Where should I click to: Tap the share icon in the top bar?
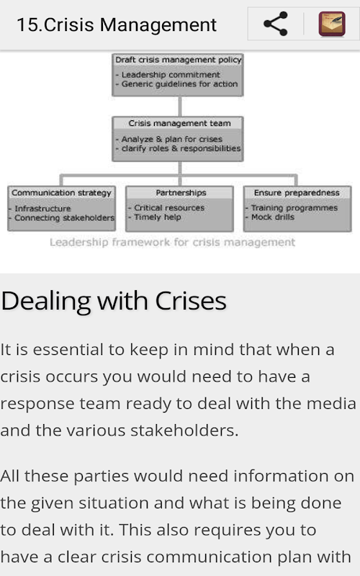click(x=276, y=24)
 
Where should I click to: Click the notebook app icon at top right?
click(x=332, y=24)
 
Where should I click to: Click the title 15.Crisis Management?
click(x=117, y=25)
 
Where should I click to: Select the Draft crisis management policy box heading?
click(x=178, y=60)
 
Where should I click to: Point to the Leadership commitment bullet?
click(x=168, y=75)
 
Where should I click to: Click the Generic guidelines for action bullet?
click(x=176, y=84)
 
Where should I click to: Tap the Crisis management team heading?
click(x=179, y=123)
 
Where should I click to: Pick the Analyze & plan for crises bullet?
click(x=169, y=139)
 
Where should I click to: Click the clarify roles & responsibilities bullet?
click(x=178, y=148)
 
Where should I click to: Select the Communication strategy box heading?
click(x=61, y=193)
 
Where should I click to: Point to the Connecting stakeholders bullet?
click(x=62, y=218)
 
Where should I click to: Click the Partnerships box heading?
click(x=181, y=193)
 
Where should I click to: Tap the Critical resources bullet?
click(x=166, y=208)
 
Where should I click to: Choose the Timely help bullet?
click(x=155, y=217)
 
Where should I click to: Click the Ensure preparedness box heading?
click(x=297, y=193)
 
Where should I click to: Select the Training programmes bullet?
click(x=292, y=208)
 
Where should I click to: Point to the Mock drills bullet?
click(x=270, y=217)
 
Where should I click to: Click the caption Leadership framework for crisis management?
click(x=172, y=243)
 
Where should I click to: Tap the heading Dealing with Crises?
click(x=114, y=301)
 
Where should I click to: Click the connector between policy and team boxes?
click(x=179, y=107)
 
